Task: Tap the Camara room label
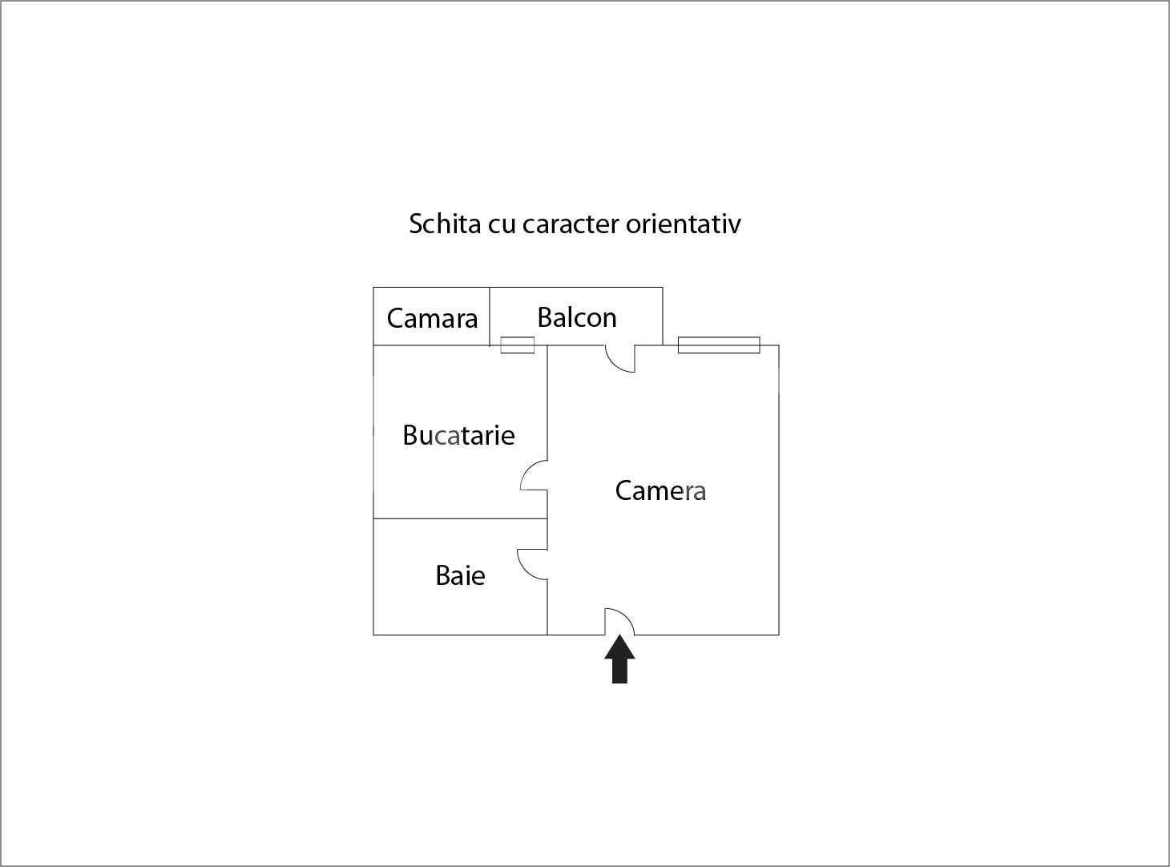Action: coord(432,318)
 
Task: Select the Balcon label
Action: coord(577,317)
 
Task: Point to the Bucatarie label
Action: coord(458,435)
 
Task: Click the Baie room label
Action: coord(460,575)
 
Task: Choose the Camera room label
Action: coord(660,490)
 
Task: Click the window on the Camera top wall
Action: coord(719,345)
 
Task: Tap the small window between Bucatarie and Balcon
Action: coord(517,345)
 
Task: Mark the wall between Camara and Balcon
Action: coord(490,317)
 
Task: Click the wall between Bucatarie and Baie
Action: coord(460,518)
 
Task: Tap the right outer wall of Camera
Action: coord(779,490)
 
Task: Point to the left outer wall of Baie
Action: coord(373,577)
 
